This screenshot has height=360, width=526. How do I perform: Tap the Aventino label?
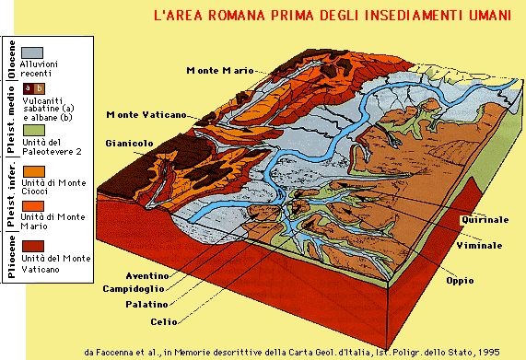click(x=148, y=276)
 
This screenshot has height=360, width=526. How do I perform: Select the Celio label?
click(x=158, y=321)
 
